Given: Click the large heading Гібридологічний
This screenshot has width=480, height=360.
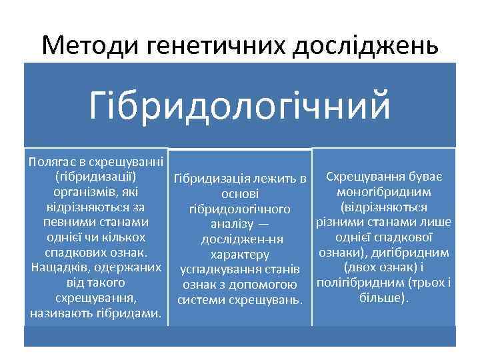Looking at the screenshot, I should pyautogui.click(x=239, y=106).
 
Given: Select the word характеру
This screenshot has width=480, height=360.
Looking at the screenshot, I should pyautogui.click(x=239, y=254).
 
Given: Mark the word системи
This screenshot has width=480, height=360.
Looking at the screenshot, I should pyautogui.click(x=199, y=299).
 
